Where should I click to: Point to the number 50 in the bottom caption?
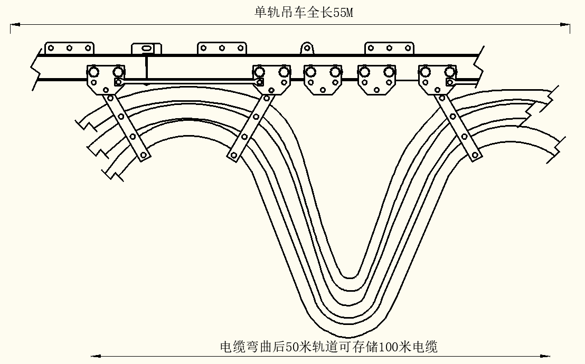tap(292, 347)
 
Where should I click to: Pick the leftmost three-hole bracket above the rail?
tap(69, 48)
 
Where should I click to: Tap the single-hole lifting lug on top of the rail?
tap(306, 49)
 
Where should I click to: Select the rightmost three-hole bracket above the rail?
tap(389, 48)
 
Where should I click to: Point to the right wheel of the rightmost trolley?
tap(450, 71)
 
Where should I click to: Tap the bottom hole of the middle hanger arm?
tap(233, 155)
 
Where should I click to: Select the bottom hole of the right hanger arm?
tap(475, 155)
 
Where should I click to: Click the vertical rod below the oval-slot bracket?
tap(146, 68)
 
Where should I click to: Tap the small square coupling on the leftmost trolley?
tap(118, 82)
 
